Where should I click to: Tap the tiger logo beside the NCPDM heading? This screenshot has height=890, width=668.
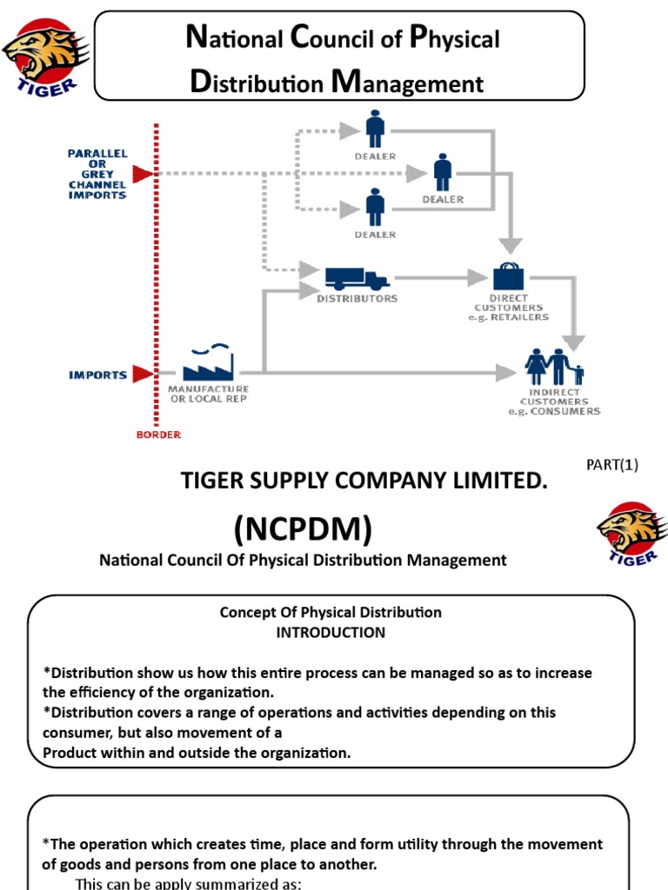point(631,535)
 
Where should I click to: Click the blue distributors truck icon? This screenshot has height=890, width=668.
point(357,278)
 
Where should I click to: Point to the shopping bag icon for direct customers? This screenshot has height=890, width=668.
point(509,276)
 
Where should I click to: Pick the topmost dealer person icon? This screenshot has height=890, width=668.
point(375,130)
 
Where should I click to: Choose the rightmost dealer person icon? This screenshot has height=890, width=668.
point(443,172)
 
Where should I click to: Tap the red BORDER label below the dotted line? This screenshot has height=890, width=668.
point(158,434)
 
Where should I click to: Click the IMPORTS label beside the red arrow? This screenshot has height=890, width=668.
point(98,375)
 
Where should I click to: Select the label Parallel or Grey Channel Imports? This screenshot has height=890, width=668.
point(97,174)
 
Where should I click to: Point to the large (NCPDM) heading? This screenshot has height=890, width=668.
point(302,527)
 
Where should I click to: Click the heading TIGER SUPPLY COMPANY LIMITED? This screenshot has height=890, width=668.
point(364,482)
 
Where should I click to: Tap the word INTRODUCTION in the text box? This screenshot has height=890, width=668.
point(331,633)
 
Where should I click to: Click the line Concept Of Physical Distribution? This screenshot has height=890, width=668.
point(331,613)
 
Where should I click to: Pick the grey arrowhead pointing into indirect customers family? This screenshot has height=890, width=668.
point(507,373)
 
